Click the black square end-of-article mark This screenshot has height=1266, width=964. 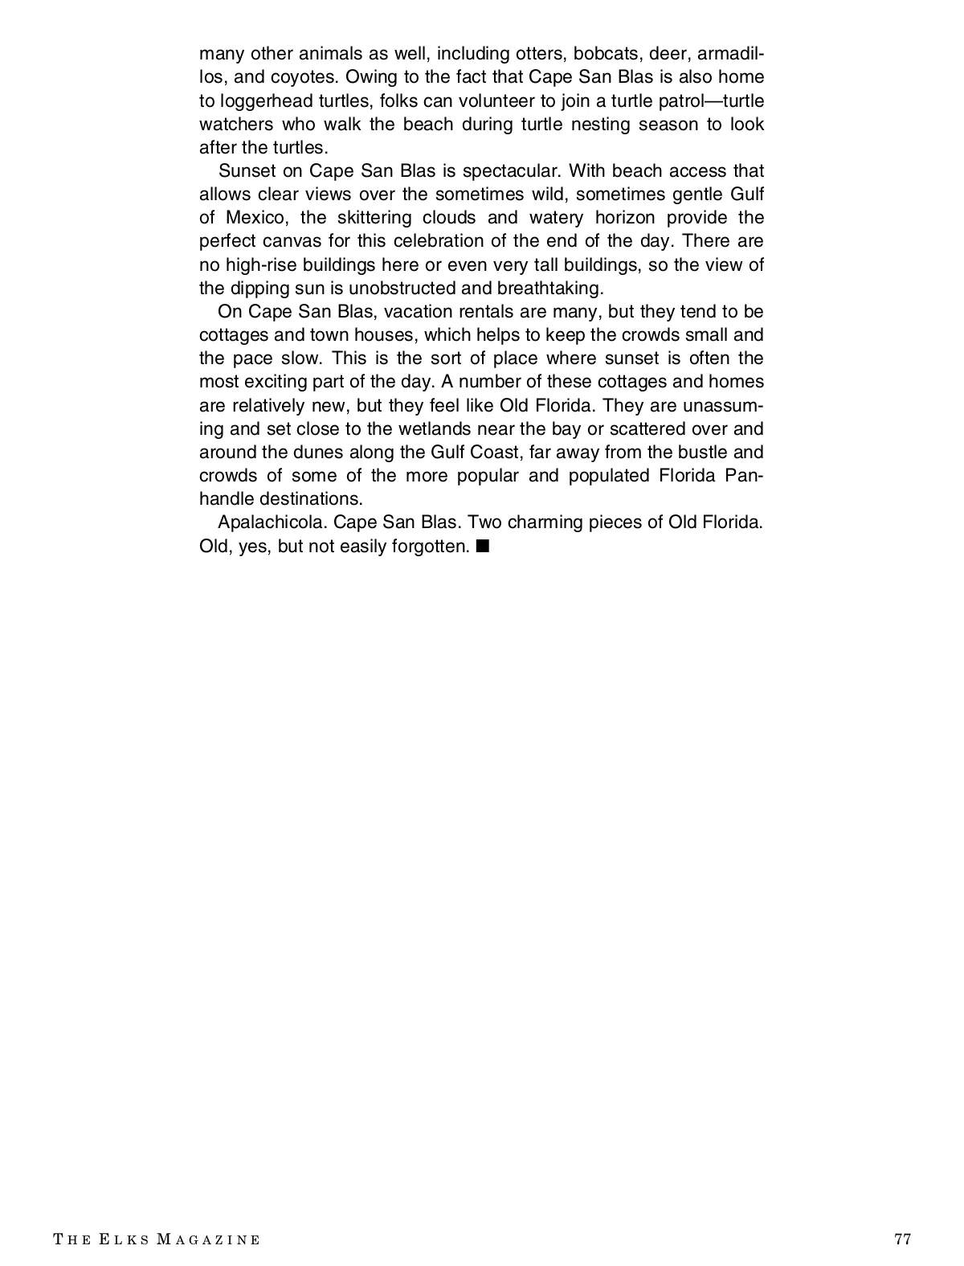click(x=482, y=547)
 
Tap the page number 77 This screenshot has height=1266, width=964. click(x=902, y=1239)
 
